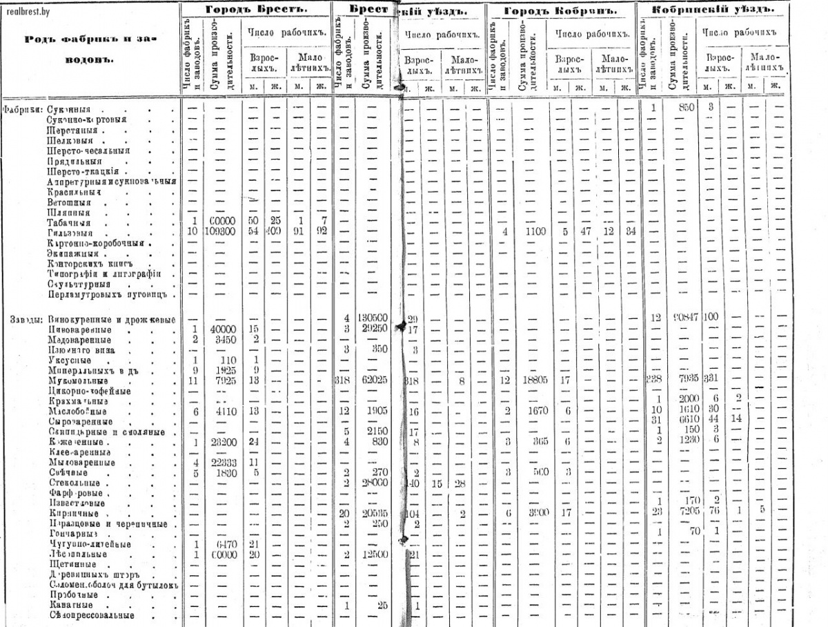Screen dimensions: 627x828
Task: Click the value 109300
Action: click(x=221, y=231)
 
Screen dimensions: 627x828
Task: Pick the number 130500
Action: click(x=373, y=317)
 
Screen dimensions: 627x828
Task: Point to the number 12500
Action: click(x=373, y=554)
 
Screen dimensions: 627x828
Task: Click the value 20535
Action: click(x=373, y=513)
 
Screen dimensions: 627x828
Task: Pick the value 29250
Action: click(x=373, y=329)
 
